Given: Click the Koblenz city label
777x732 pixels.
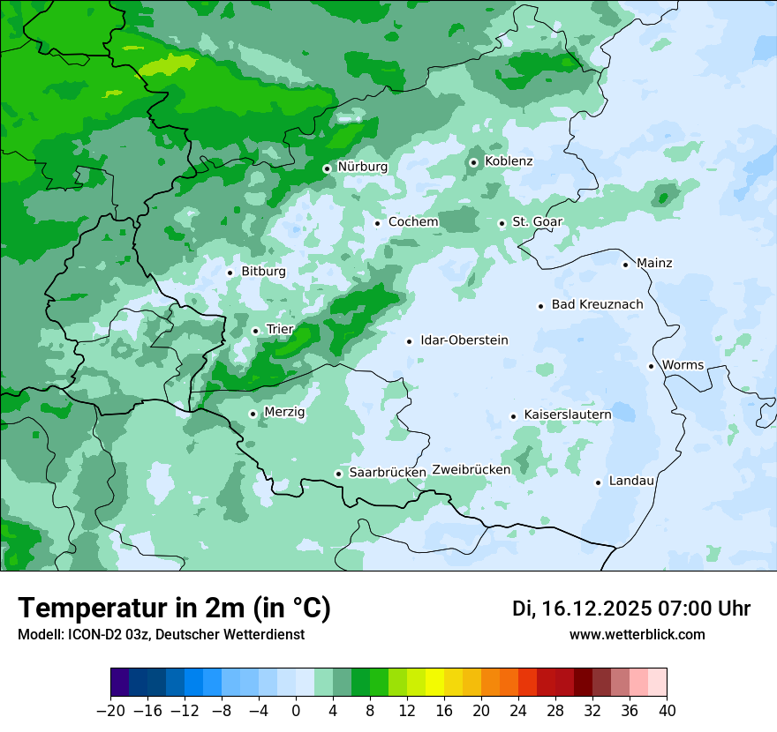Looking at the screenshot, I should [509, 161].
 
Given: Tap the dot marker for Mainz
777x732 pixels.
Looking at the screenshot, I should [625, 264].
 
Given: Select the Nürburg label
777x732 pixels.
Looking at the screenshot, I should [362, 167].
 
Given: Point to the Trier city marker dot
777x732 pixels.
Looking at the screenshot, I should [255, 331].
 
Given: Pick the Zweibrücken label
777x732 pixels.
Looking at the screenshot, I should [471, 470].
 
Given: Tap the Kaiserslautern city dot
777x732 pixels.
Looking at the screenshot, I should [513, 416].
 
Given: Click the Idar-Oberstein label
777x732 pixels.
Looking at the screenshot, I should [464, 340].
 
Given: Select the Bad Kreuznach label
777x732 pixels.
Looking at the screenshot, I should [597, 305].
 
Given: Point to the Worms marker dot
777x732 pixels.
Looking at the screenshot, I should [651, 366].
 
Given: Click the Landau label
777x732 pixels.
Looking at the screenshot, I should [631, 482].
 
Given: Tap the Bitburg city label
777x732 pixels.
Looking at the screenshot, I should [263, 272].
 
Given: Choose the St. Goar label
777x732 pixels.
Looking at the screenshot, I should [537, 222].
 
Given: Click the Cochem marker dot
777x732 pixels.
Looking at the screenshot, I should [377, 222].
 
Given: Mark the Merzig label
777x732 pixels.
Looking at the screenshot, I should [284, 413].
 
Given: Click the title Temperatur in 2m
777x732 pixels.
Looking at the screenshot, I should [174, 609].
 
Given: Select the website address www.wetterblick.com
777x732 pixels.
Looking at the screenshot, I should [637, 635].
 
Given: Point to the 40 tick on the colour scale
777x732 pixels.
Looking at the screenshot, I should [667, 711].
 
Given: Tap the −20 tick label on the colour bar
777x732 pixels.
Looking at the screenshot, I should [110, 711].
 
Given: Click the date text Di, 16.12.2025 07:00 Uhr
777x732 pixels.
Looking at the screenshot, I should [630, 609].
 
